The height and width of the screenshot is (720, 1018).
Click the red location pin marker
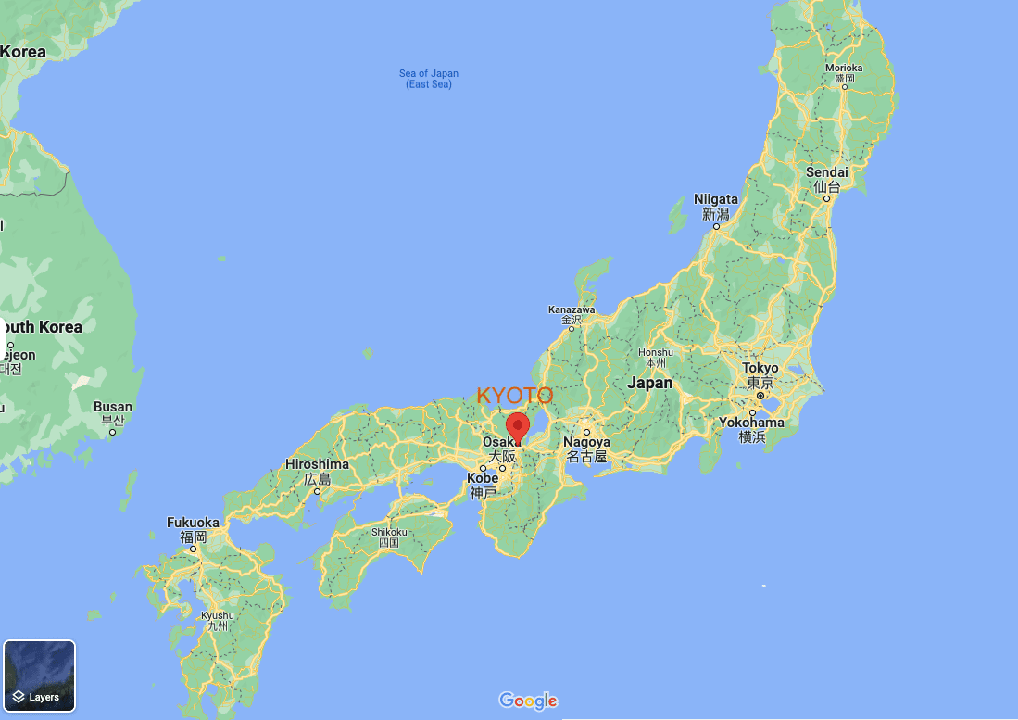click(x=518, y=427)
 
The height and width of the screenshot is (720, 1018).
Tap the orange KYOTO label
click(x=515, y=396)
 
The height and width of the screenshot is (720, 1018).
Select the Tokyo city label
click(x=760, y=369)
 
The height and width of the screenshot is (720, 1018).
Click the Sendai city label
click(x=826, y=173)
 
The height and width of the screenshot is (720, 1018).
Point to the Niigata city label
click(x=716, y=200)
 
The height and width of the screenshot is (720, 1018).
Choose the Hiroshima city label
click(x=317, y=464)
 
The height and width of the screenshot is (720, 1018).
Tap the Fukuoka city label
click(x=193, y=523)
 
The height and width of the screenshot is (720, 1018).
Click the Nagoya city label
click(x=586, y=443)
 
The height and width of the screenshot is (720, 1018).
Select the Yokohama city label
click(x=751, y=423)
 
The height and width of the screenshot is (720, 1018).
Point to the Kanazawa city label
click(x=572, y=309)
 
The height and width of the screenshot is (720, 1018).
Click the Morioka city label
click(x=844, y=69)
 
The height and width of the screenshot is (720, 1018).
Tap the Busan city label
click(x=113, y=407)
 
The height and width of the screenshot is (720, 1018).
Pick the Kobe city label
click(x=483, y=478)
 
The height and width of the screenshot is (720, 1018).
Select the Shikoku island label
click(x=389, y=532)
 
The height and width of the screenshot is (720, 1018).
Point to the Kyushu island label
click(x=218, y=615)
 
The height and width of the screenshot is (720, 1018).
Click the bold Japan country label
click(x=649, y=383)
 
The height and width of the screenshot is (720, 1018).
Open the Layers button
click(x=39, y=676)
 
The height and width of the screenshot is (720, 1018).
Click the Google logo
click(x=528, y=701)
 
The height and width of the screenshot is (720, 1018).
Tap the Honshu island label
click(x=656, y=352)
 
